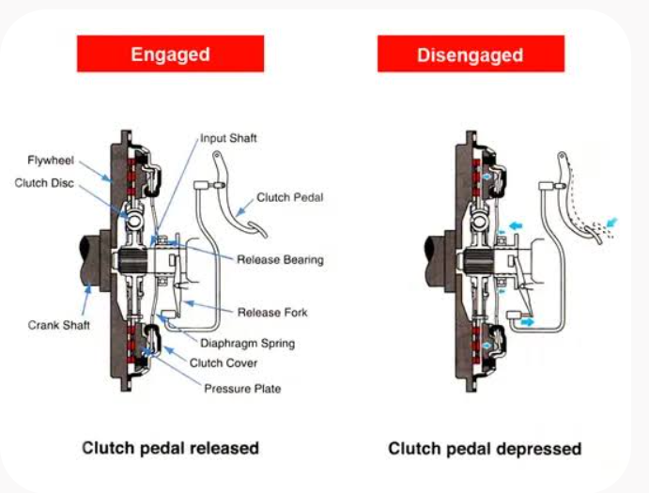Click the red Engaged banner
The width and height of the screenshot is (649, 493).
pyautogui.click(x=171, y=54)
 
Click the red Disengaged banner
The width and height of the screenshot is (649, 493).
pyautogui.click(x=471, y=54)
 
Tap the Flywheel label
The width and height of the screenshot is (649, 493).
pyautogui.click(x=51, y=161)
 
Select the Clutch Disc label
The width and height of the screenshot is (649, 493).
pyautogui.click(x=44, y=183)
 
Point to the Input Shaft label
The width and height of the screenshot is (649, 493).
pyautogui.click(x=228, y=138)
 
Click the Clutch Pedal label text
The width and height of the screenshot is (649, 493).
pyautogui.click(x=289, y=197)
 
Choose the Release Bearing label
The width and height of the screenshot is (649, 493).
pyautogui.click(x=280, y=260)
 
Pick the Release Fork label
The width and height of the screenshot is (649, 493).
pyautogui.click(x=272, y=313)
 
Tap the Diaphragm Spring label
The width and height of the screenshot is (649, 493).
pyautogui.click(x=248, y=343)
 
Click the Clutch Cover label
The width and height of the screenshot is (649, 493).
pyautogui.click(x=224, y=363)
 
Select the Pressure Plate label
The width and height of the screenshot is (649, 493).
pyautogui.click(x=242, y=389)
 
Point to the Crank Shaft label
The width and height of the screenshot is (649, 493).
pyautogui.click(x=59, y=325)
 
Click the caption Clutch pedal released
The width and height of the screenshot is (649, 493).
pyautogui.click(x=171, y=448)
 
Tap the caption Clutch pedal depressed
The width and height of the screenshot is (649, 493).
pyautogui.click(x=485, y=449)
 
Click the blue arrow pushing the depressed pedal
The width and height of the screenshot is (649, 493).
pyautogui.click(x=611, y=223)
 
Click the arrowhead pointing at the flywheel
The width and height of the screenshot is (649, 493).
pyautogui.click(x=107, y=177)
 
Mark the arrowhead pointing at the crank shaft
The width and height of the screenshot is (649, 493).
pyautogui.click(x=87, y=288)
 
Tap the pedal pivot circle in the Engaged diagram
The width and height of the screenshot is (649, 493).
pyautogui.click(x=216, y=156)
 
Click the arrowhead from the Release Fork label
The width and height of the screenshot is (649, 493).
pyautogui.click(x=189, y=303)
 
